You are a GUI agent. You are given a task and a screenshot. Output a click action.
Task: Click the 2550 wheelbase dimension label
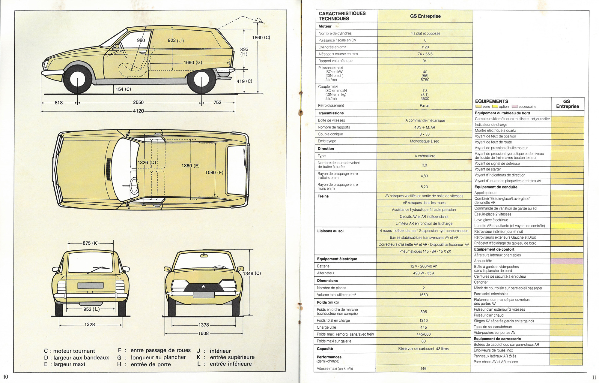138,102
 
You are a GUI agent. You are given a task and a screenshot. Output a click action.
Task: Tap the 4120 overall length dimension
138,111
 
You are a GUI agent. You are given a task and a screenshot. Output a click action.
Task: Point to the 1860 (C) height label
261,38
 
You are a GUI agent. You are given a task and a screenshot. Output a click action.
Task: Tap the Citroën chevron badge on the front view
203,287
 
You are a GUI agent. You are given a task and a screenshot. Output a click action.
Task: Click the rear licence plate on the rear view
91,285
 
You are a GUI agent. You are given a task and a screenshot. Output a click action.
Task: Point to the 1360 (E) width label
190,166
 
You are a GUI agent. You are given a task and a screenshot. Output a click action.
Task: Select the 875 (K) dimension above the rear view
91,243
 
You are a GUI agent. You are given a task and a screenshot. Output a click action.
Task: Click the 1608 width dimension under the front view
204,333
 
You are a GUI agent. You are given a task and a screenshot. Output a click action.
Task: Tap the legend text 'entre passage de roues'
161,350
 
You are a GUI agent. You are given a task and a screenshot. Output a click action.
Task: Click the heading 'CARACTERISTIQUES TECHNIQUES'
342,16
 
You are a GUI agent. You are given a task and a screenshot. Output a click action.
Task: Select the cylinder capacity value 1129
425,47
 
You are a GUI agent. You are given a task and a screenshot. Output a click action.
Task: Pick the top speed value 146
423,369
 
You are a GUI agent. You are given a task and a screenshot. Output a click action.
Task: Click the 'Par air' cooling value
425,106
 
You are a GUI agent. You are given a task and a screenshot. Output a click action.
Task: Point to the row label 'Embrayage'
327,141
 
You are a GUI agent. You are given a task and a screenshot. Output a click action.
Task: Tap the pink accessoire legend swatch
514,107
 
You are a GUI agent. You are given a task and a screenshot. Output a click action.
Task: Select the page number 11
594,378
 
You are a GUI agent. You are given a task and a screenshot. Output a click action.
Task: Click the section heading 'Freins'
323,196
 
